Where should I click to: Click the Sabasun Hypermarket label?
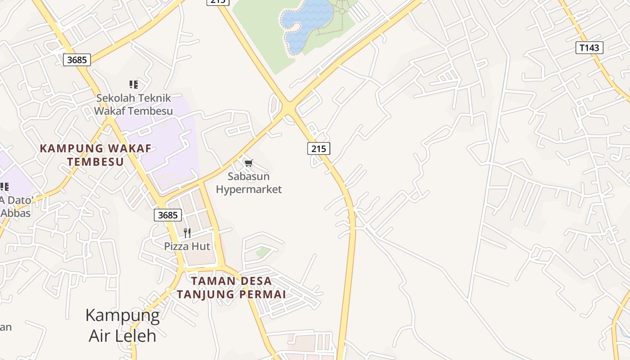pos(248,183)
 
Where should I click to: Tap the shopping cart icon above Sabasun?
pos(249,163)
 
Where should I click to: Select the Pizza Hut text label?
pos(187,246)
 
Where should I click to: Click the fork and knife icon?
pos(187,233)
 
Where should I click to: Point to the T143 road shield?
pos(589,47)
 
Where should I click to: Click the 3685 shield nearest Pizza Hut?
pos(168,215)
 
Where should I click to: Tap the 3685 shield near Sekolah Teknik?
pos(77,59)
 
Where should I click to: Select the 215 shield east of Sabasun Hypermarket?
pos(319,148)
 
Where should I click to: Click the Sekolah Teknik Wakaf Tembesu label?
pos(133,104)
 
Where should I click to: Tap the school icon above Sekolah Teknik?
pos(133,84)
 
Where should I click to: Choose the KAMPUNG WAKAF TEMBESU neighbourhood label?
pos(95,155)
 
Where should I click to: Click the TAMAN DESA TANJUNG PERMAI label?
pos(231,288)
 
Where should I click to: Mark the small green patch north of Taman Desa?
pos(264,252)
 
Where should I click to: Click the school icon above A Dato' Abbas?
pos(4,186)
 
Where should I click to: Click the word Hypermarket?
pos(248,189)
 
